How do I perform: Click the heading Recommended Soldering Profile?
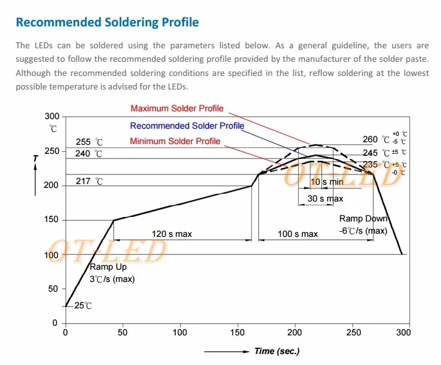click(x=107, y=23)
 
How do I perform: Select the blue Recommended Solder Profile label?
click(x=187, y=126)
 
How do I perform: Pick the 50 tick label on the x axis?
click(x=123, y=333)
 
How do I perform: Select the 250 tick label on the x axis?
click(x=353, y=333)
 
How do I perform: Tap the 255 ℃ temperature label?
click(x=89, y=142)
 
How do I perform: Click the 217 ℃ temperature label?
click(x=89, y=182)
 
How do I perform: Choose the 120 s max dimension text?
click(x=171, y=234)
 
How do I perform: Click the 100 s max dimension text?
click(x=297, y=234)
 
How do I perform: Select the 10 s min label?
click(x=328, y=182)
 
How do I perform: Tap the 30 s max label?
click(x=325, y=199)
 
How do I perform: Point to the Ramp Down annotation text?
click(x=363, y=219)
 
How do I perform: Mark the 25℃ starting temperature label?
click(x=83, y=306)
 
